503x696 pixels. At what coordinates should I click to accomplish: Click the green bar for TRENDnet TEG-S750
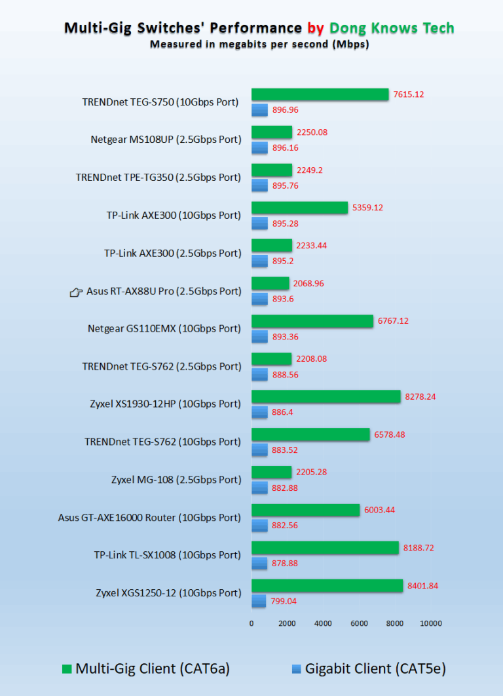click(320, 94)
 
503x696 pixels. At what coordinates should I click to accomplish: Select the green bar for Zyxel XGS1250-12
click(327, 585)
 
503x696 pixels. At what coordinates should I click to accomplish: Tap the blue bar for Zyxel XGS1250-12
click(259, 600)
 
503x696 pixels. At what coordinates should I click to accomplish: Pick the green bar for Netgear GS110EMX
click(312, 321)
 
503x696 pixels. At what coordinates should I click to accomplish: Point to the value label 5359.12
click(367, 208)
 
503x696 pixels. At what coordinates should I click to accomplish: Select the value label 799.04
click(285, 600)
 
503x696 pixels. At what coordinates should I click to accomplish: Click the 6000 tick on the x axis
click(359, 623)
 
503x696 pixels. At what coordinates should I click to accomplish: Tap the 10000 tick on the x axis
click(430, 623)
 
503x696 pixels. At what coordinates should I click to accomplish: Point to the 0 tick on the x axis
click(251, 623)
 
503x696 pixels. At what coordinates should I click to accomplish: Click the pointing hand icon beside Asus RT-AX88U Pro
click(76, 292)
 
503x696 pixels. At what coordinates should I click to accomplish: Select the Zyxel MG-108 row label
click(176, 480)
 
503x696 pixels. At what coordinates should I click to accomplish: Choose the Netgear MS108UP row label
click(166, 140)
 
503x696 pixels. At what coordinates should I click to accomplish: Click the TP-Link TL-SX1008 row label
click(168, 555)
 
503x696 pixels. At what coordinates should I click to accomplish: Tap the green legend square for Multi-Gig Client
click(66, 669)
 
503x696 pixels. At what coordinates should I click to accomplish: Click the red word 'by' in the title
click(315, 28)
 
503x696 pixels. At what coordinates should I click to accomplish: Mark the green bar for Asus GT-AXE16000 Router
click(305, 510)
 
